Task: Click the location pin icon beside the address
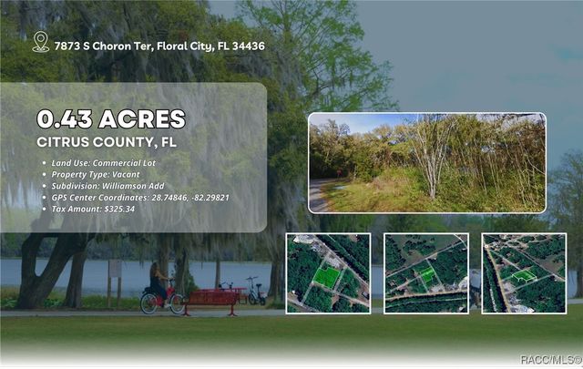40,42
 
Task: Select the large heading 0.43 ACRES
110,118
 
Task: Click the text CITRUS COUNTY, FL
107,142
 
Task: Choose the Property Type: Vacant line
102,174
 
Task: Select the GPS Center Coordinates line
139,197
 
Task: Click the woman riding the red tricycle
159,282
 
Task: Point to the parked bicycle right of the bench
256,292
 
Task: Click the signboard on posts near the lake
115,271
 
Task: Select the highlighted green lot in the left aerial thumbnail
326,275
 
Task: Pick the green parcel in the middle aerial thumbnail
425,273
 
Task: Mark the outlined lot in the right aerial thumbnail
522,275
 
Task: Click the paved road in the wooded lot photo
320,195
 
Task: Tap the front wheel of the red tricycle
148,303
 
